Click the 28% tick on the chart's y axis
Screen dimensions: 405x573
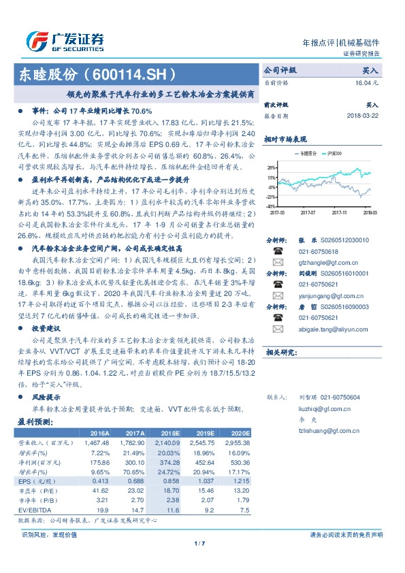pos(271,167)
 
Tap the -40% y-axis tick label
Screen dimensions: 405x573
pos(270,206)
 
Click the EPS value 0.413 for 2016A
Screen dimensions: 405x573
pos(99,480)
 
